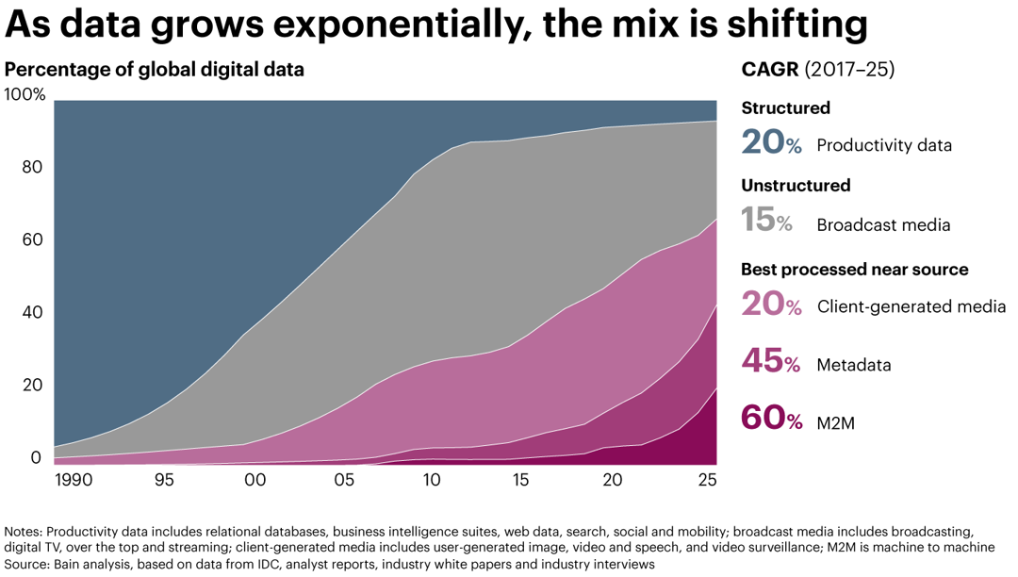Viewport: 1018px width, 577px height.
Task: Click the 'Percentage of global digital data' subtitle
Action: (x=155, y=70)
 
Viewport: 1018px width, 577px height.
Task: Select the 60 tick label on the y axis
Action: (x=33, y=240)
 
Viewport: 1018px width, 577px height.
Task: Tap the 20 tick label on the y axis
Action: (x=33, y=386)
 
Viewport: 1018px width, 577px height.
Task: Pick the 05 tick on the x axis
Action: (x=343, y=480)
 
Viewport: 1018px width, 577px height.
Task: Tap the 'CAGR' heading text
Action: (x=769, y=71)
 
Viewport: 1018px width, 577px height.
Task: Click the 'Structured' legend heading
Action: (x=785, y=107)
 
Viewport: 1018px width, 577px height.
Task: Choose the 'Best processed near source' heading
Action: (x=854, y=270)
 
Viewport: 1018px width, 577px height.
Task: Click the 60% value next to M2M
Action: (x=772, y=418)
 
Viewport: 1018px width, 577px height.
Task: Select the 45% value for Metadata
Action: (x=772, y=362)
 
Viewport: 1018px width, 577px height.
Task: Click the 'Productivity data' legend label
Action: (x=884, y=146)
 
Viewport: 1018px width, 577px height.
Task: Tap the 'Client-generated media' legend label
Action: (x=911, y=307)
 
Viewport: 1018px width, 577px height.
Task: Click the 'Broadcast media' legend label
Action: (x=883, y=225)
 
